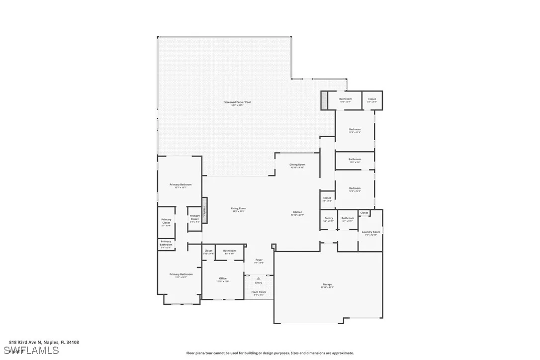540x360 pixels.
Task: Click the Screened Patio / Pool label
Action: pyautogui.click(x=237, y=102)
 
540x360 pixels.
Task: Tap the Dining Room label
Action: pyautogui.click(x=297, y=165)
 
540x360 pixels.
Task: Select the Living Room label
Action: pyautogui.click(x=238, y=209)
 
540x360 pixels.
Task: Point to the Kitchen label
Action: pyautogui.click(x=297, y=212)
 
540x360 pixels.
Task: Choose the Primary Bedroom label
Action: pyautogui.click(x=180, y=184)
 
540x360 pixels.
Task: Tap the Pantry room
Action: pyautogui.click(x=329, y=219)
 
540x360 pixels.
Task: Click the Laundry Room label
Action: pyautogui.click(x=370, y=232)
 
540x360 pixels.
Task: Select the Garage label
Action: pyautogui.click(x=327, y=285)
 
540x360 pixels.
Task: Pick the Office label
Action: pyautogui.click(x=223, y=279)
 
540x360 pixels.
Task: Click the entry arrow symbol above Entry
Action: pyautogui.click(x=259, y=278)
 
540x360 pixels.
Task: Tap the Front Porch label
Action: pyautogui.click(x=259, y=292)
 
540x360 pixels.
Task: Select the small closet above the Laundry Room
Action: pyautogui.click(x=364, y=213)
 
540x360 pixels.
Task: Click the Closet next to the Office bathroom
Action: pyautogui.click(x=208, y=252)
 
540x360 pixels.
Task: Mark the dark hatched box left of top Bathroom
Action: pyautogui.click(x=324, y=100)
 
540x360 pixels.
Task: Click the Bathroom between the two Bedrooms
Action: pyautogui.click(x=355, y=160)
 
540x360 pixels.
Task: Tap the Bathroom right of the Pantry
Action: pyautogui.click(x=348, y=219)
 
